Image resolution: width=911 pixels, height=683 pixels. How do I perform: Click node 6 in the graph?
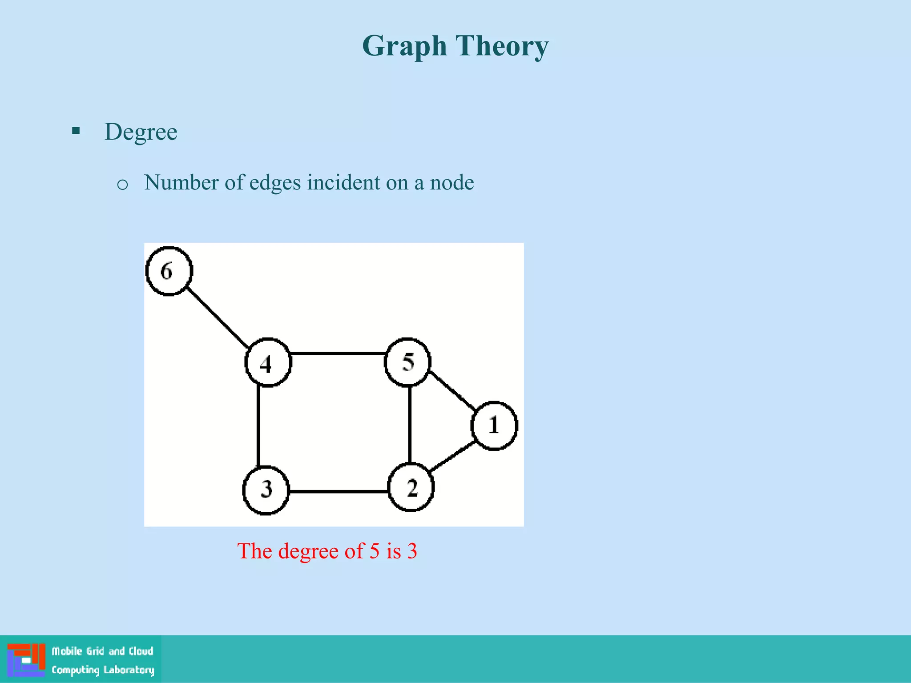pos(169,271)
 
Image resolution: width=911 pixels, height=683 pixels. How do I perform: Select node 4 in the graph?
pos(268,363)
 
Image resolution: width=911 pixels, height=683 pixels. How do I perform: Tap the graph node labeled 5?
pos(407,362)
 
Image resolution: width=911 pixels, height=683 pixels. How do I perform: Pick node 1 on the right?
pos(494,426)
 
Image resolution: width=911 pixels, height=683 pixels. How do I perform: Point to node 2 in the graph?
pos(411,488)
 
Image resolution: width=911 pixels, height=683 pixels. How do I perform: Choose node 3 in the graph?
pos(266,490)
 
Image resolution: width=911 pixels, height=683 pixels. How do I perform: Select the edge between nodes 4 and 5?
pos(338,354)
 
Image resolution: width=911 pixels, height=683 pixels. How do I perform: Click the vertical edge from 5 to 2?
pos(410,425)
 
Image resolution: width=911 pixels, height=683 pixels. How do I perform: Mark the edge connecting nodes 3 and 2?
pos(338,491)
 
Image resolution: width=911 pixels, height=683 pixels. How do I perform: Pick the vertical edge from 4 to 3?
pos(258,426)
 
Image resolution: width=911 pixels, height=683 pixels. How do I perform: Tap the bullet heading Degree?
pos(141,132)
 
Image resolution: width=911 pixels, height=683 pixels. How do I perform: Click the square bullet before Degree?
pos(76,131)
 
